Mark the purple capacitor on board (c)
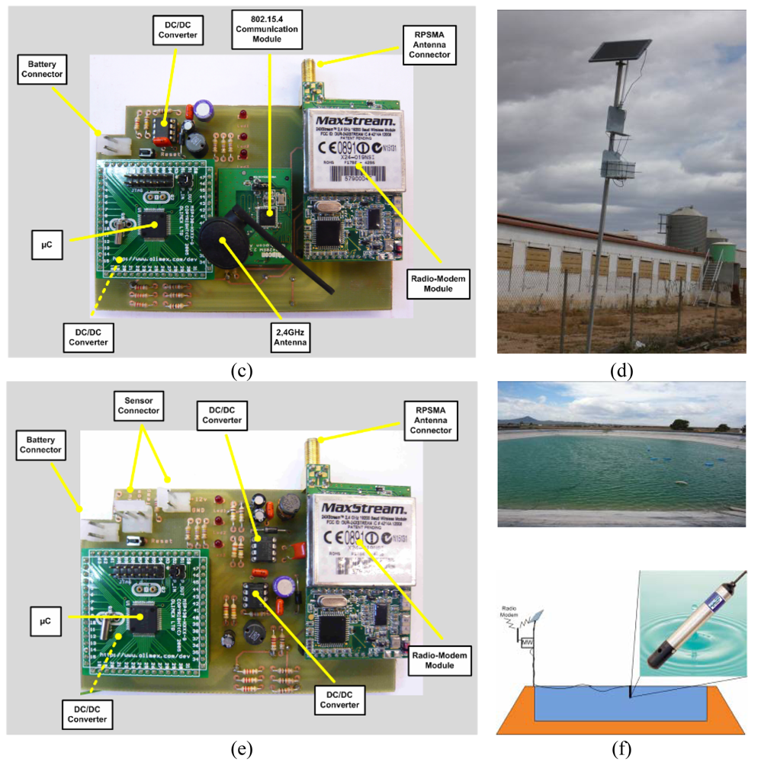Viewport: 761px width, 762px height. click(203, 110)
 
